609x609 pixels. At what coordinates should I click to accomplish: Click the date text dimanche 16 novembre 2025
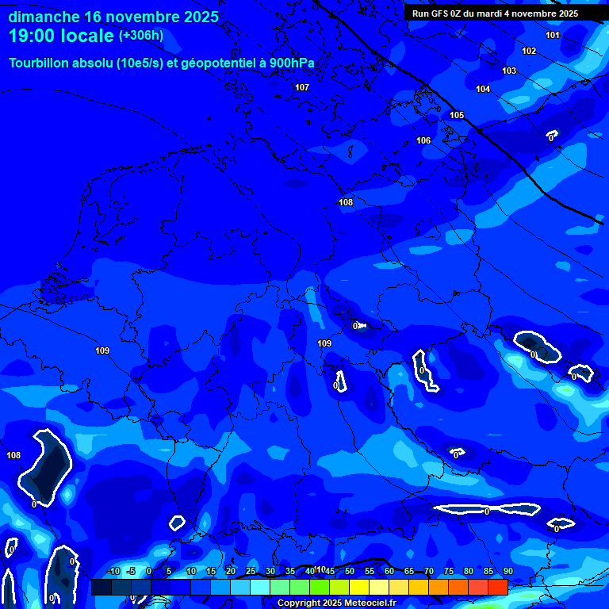[113, 17]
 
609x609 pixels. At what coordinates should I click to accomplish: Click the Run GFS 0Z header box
[495, 13]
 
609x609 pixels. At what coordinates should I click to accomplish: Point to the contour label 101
[553, 35]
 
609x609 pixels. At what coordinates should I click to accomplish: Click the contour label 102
[529, 51]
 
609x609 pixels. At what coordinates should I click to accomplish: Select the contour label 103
[509, 71]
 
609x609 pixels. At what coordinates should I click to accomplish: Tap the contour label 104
[483, 89]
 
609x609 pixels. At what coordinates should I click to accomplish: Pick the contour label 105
[457, 115]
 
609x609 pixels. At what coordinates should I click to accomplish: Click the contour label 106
[423, 140]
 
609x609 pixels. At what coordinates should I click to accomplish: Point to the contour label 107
[302, 87]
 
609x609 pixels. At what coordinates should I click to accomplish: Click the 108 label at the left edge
[13, 455]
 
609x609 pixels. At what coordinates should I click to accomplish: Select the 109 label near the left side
[102, 350]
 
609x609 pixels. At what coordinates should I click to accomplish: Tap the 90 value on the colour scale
[507, 572]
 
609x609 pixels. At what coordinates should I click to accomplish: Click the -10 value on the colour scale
[113, 572]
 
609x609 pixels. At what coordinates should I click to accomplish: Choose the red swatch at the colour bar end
[498, 587]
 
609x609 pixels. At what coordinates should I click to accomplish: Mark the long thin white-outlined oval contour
[473, 510]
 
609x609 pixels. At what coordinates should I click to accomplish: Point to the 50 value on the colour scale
[350, 572]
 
